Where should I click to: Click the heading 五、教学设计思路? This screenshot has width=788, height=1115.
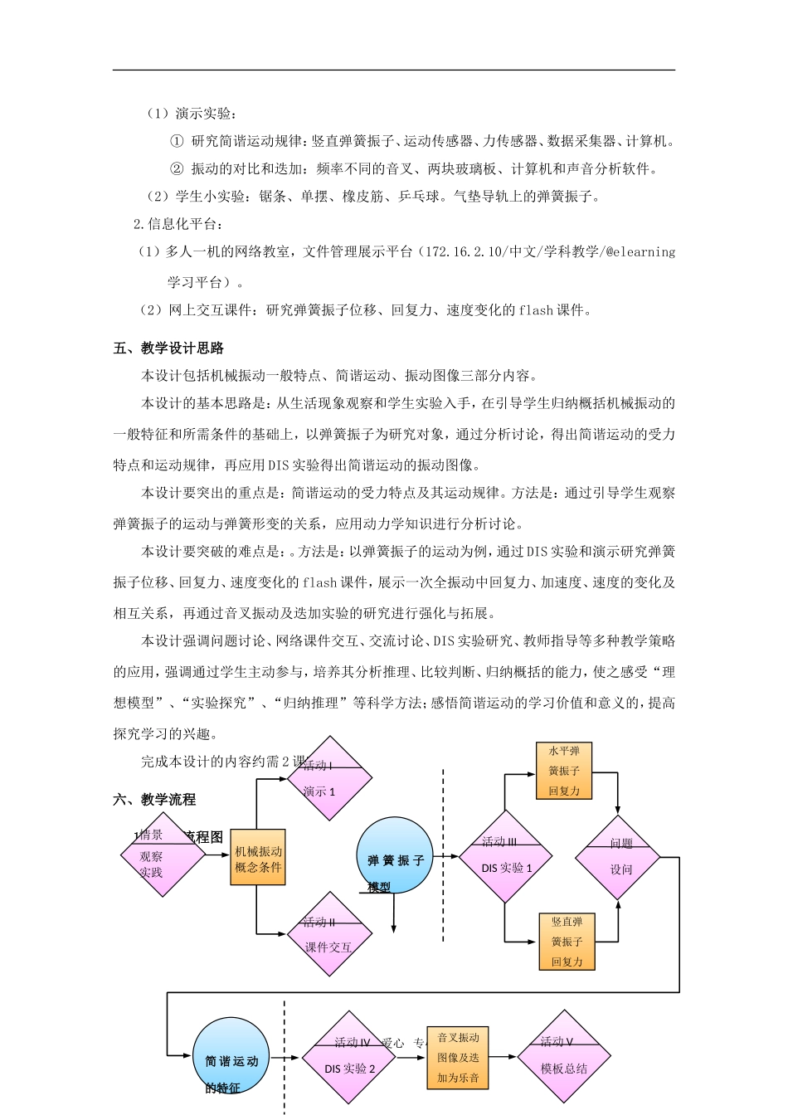click(168, 348)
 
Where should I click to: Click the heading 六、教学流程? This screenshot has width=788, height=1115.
click(154, 799)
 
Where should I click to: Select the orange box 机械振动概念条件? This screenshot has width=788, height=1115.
click(258, 859)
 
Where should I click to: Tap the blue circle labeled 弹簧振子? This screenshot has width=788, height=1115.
click(395, 855)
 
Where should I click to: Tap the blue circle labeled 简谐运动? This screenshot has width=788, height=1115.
click(231, 1056)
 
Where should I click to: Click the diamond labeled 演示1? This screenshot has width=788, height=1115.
click(329, 779)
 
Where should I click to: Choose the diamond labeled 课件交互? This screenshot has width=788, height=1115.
click(329, 935)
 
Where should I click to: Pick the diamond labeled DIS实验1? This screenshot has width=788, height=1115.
click(505, 857)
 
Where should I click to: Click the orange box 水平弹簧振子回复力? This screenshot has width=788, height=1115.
click(564, 771)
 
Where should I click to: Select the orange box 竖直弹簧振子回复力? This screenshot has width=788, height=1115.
click(567, 942)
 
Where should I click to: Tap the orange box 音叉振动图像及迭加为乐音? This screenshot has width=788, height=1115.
click(459, 1058)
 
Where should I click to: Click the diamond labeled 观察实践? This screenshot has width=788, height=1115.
click(163, 855)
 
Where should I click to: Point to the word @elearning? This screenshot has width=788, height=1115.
click(640, 251)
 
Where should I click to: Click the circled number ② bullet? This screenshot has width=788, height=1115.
click(176, 168)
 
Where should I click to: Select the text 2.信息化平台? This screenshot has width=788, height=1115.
click(178, 223)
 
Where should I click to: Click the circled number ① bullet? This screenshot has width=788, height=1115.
click(176, 141)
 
